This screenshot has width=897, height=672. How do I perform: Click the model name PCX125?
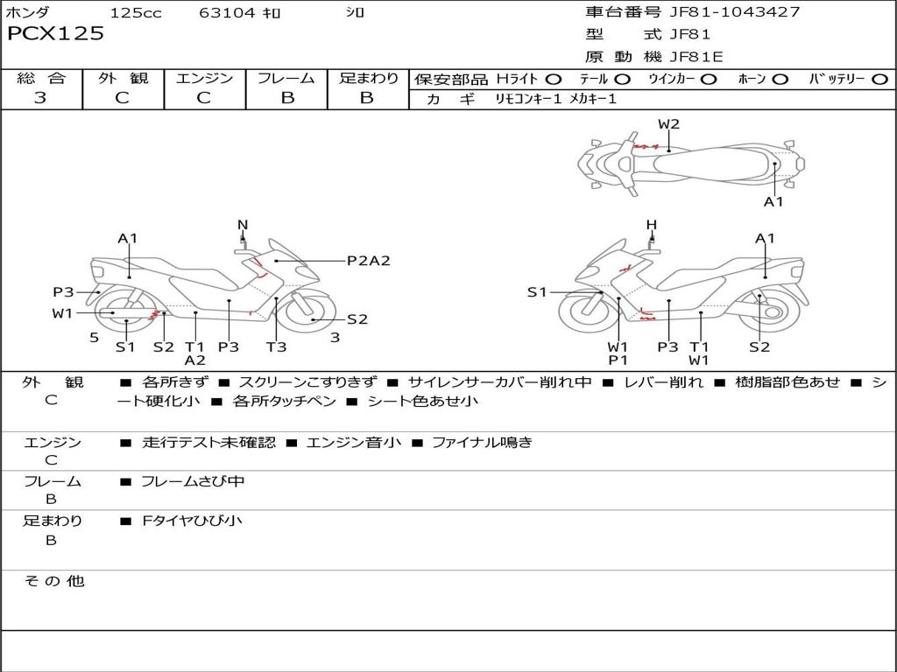[55, 34]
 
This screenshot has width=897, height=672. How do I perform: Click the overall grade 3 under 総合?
[40, 98]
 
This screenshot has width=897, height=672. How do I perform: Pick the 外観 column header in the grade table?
[123, 78]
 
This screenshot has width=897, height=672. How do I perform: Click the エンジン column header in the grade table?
[204, 78]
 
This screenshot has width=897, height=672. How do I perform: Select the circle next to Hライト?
[553, 79]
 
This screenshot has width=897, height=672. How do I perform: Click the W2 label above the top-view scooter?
[668, 123]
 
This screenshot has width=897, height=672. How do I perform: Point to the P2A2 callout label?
[368, 260]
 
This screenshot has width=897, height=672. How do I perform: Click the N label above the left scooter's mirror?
[243, 225]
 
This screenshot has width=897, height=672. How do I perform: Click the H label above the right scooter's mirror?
[651, 225]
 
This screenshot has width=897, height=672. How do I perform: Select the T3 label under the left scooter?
[276, 346]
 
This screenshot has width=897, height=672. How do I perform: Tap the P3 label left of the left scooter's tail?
[63, 292]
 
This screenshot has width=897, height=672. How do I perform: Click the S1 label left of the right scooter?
[537, 292]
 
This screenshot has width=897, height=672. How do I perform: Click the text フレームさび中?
[193, 481]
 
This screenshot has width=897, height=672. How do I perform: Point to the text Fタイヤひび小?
[193, 521]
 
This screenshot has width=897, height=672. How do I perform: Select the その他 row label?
[53, 581]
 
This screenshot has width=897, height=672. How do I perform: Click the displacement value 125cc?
[136, 12]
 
